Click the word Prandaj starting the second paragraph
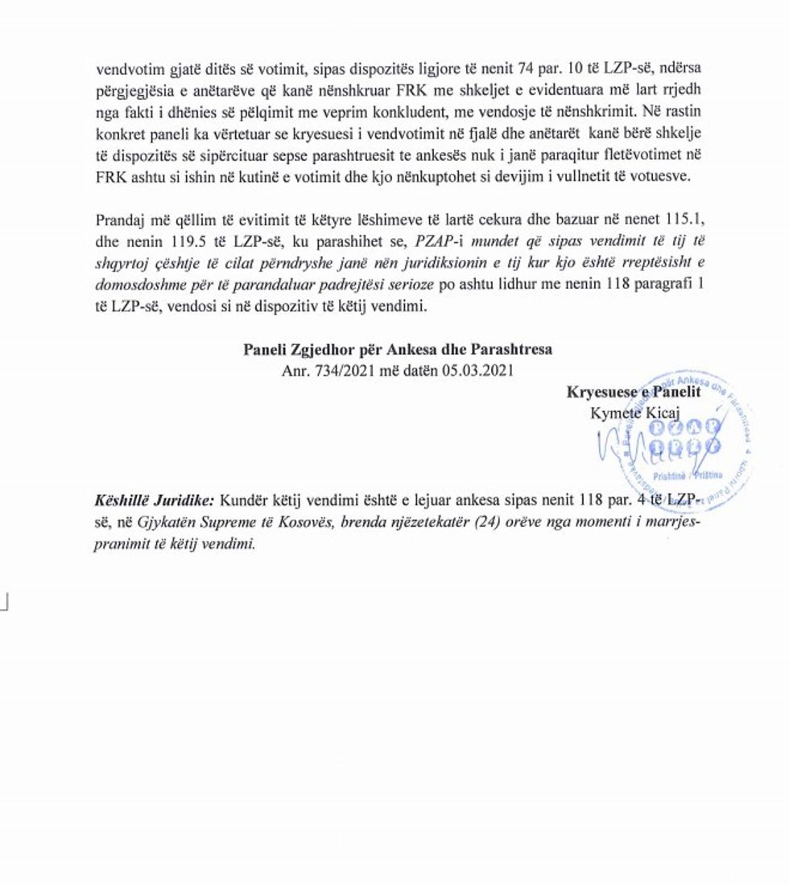point(118,220)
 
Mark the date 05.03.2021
point(475,371)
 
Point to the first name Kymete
point(616,414)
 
